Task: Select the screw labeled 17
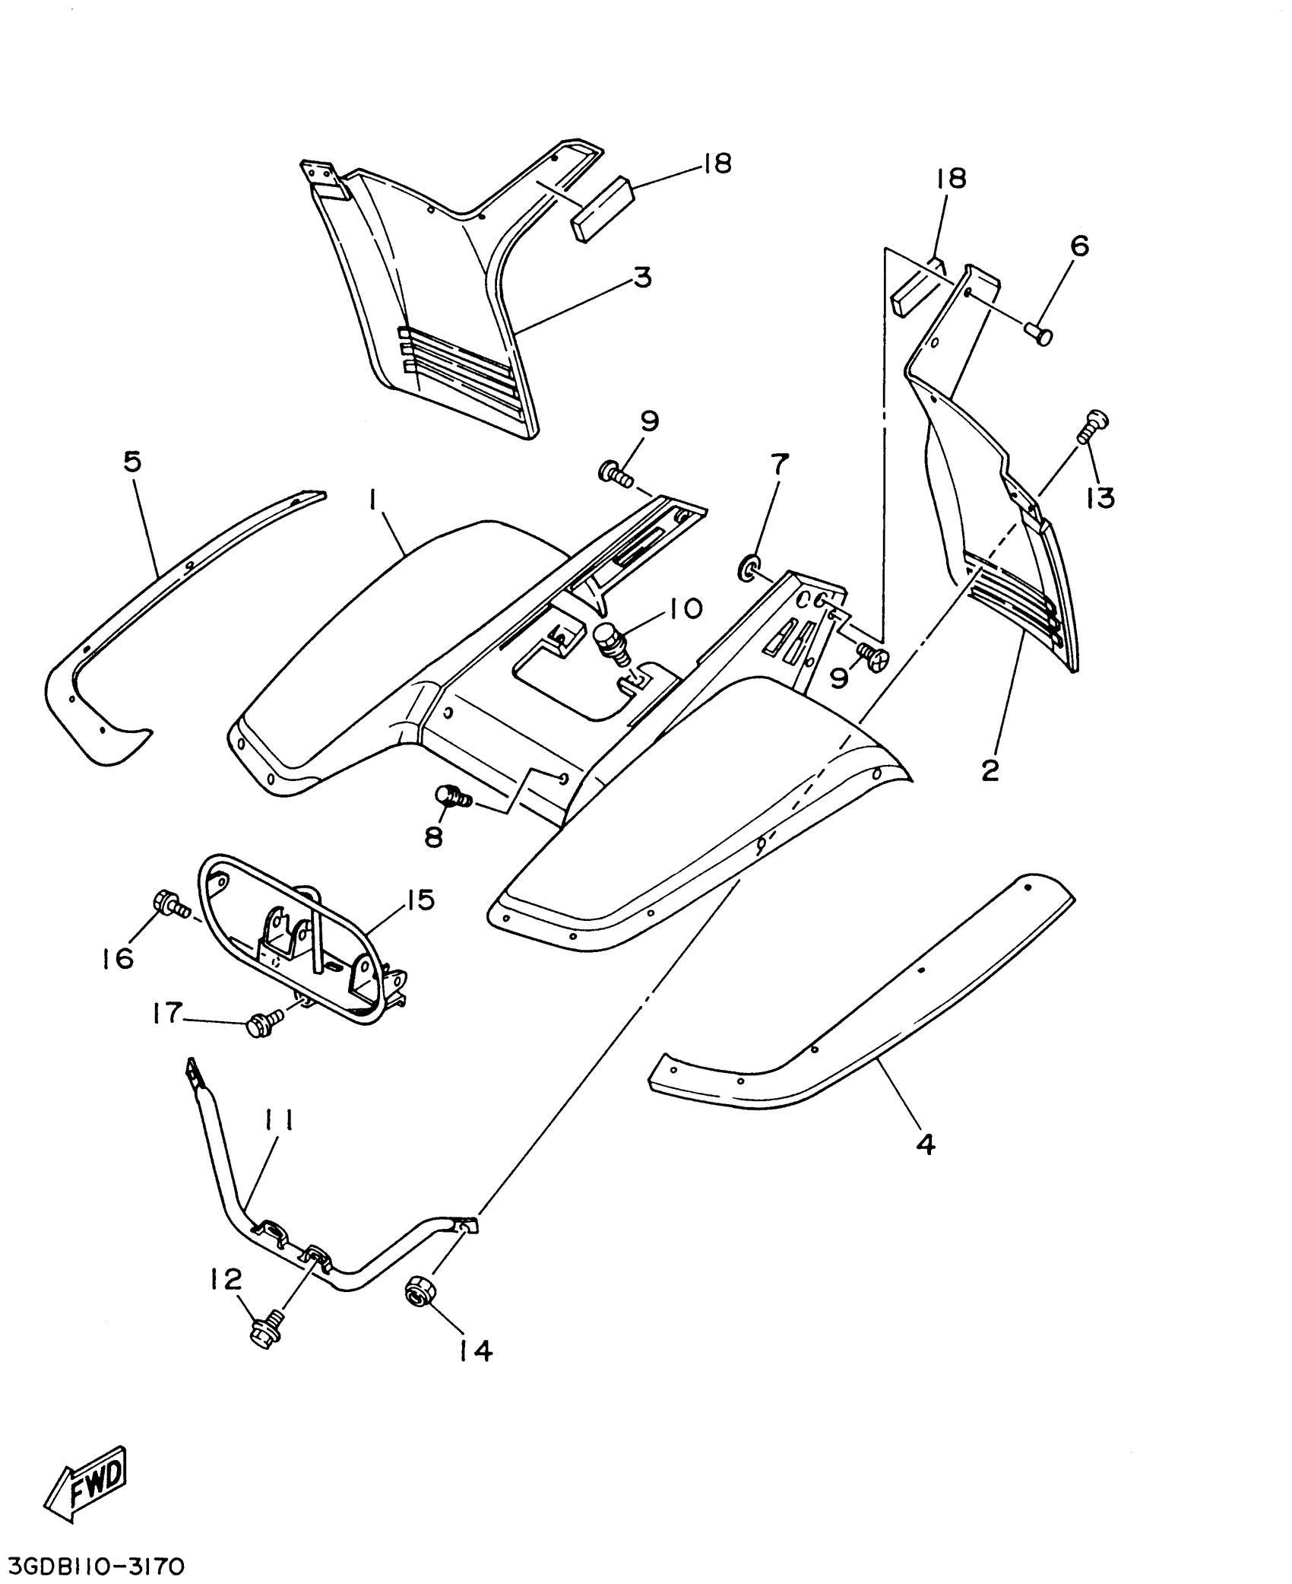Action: pyautogui.click(x=262, y=1026)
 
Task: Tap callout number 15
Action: pyautogui.click(x=420, y=900)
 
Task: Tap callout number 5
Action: pyautogui.click(x=132, y=462)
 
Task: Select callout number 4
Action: pyautogui.click(x=925, y=1164)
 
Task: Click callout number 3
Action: pyautogui.click(x=642, y=278)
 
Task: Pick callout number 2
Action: pyautogui.click(x=990, y=770)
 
